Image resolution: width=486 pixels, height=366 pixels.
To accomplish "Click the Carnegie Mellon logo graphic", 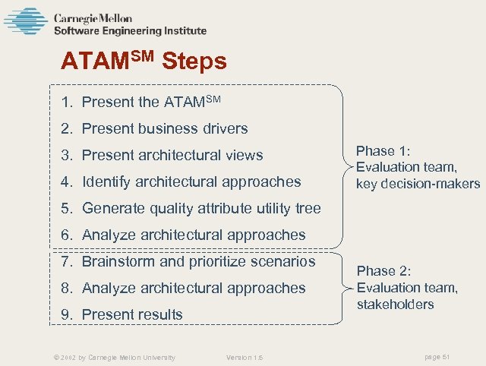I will coord(25,21).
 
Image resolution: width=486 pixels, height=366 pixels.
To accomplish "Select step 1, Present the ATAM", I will coord(144,102).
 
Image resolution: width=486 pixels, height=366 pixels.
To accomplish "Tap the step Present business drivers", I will coord(156,128).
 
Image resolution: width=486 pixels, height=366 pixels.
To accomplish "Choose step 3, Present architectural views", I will coord(163,155).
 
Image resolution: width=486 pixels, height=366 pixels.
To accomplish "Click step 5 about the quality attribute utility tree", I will coord(192,208).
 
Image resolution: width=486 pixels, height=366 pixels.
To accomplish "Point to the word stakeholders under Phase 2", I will coord(395,304).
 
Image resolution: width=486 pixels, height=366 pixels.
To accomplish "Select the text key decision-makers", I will coord(418,184).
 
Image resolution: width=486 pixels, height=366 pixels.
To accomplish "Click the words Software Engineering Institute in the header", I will coord(130,31).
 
